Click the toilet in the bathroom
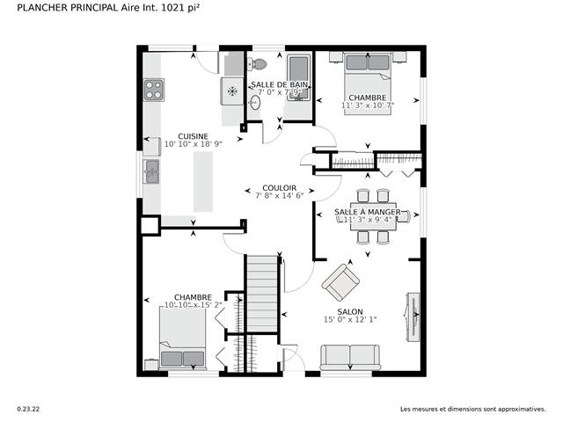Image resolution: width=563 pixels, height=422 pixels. tap(257, 64)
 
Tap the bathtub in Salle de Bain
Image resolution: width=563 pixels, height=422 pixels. tap(299, 79)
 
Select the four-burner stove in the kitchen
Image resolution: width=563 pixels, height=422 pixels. tap(153, 90)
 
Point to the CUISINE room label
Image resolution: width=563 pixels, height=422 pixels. tap(193, 136)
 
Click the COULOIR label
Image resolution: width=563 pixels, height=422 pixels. tap(279, 188)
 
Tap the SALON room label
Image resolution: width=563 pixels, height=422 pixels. tap(350, 310)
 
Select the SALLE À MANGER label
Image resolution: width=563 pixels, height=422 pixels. tap(368, 213)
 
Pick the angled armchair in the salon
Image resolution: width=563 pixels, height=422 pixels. tap(340, 283)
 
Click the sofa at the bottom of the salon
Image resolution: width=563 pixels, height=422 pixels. tap(350, 357)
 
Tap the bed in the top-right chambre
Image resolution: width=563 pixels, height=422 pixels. tap(368, 75)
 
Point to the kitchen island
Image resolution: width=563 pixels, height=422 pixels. tap(203, 180)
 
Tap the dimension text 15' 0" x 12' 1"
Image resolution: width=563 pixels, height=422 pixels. tap(350, 320)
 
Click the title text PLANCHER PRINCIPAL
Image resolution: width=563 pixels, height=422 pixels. tap(69, 7)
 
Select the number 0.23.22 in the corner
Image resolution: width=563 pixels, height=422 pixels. tap(28, 409)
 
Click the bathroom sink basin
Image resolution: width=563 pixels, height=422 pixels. tap(253, 102)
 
